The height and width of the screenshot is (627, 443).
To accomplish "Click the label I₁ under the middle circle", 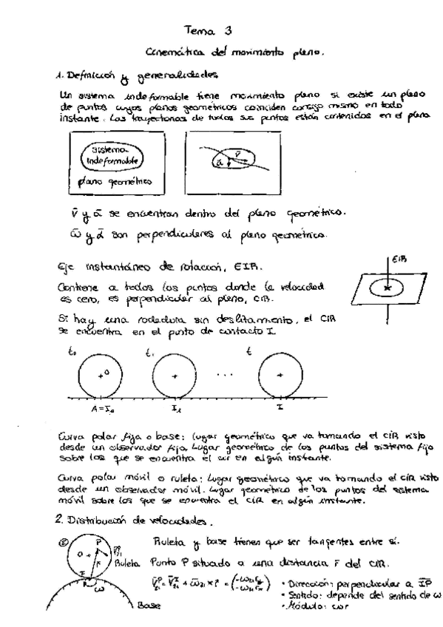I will (x=174, y=407).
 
